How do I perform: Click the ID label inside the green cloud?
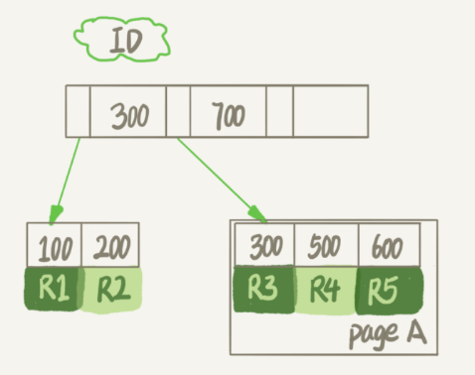126,41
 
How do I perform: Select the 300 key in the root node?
130,116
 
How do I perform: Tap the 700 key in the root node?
229,115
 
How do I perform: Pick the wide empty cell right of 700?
331,111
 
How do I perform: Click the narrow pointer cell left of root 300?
78,111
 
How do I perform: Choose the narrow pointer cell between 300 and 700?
178,111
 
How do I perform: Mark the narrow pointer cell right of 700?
279,111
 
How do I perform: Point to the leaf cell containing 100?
55,245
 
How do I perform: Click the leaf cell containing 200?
110,245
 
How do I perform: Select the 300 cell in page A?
264,244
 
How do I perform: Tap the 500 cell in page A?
326,244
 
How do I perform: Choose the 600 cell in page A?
390,244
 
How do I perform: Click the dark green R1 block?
53,289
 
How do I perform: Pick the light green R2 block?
112,290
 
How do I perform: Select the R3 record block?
264,289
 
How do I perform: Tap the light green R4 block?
325,290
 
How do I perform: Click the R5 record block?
389,291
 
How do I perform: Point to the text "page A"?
388,334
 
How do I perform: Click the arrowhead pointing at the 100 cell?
56,214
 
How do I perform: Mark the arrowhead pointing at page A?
257,214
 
